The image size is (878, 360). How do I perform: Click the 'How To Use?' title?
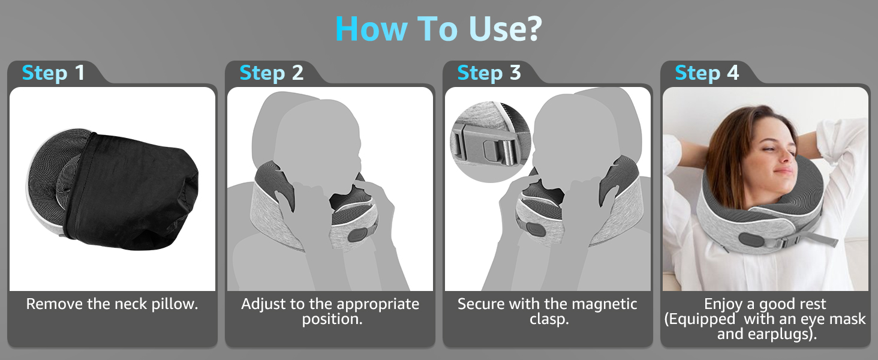pos(438,28)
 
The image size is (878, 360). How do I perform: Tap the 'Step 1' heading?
pos(53,73)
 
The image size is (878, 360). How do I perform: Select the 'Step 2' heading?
pos(271,73)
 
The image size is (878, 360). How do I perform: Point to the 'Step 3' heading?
pos(489,73)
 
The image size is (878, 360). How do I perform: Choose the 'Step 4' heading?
pos(706,73)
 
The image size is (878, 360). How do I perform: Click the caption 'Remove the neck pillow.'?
pos(112,304)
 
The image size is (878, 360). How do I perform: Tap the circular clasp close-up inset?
pos(491,142)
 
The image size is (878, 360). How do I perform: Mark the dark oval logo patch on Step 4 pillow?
pos(751,239)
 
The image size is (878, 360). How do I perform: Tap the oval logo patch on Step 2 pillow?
pos(357,234)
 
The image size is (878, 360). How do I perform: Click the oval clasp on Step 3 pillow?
pos(534,229)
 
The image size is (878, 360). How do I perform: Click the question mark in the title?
pos(533,29)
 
